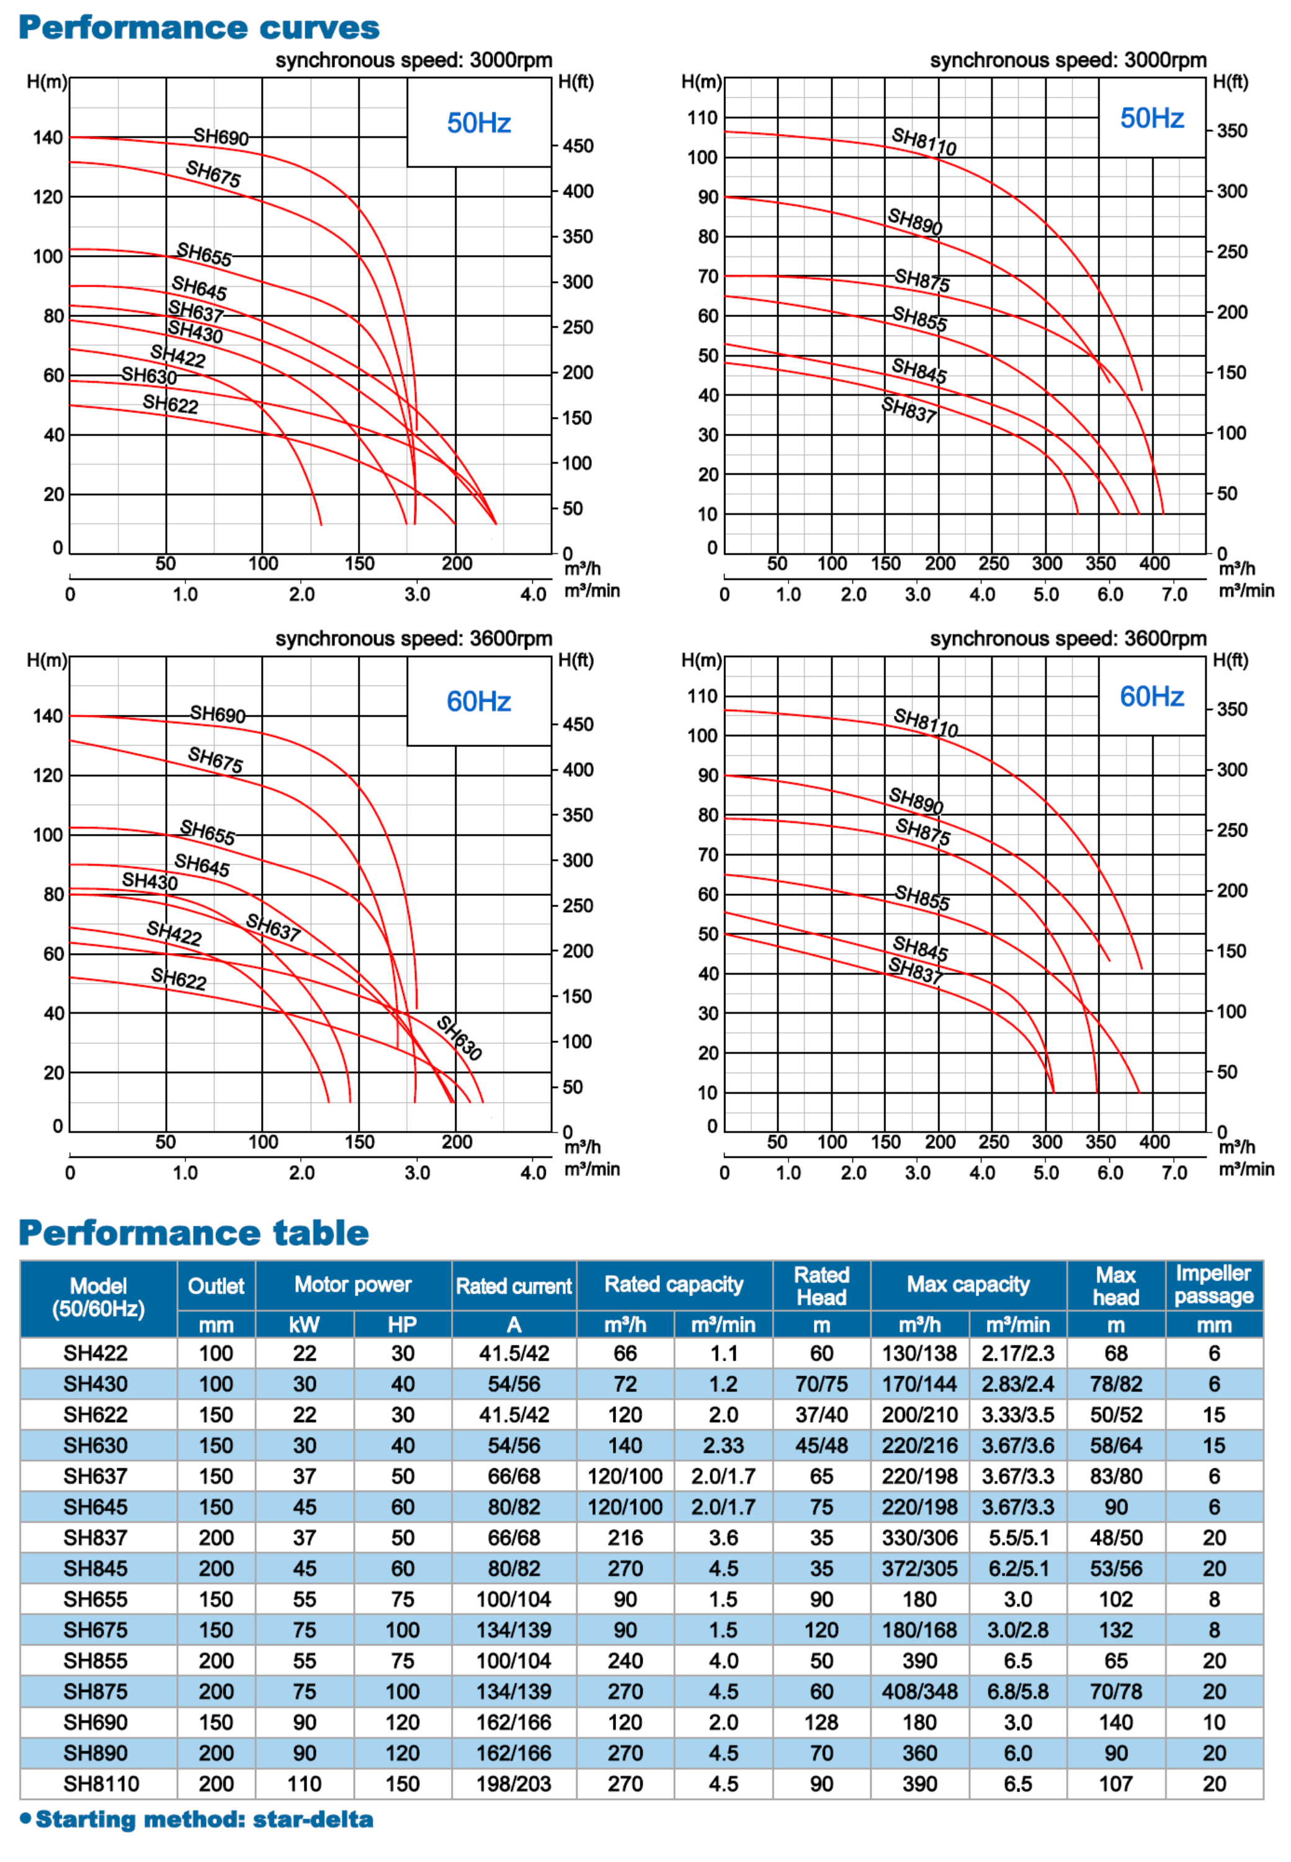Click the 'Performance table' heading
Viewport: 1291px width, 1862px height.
tap(194, 1233)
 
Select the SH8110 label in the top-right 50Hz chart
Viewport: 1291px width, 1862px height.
tap(924, 141)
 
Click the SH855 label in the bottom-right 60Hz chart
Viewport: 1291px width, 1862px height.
tap(921, 898)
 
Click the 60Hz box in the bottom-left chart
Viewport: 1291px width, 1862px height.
tap(478, 701)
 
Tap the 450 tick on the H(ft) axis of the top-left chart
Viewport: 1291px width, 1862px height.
tap(578, 146)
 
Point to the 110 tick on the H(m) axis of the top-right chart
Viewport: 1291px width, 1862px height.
tap(702, 118)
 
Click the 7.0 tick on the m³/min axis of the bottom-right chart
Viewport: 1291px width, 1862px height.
tap(1174, 1172)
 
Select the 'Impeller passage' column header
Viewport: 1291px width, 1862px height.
tap(1213, 1284)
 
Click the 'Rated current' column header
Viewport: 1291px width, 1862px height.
tap(514, 1286)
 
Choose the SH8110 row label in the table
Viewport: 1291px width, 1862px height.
tap(101, 1784)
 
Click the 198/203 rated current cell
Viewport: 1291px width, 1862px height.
tap(514, 1784)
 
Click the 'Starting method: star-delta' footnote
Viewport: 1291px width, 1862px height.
tap(204, 1819)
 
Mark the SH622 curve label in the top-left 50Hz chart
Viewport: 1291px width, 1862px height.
tap(170, 404)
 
